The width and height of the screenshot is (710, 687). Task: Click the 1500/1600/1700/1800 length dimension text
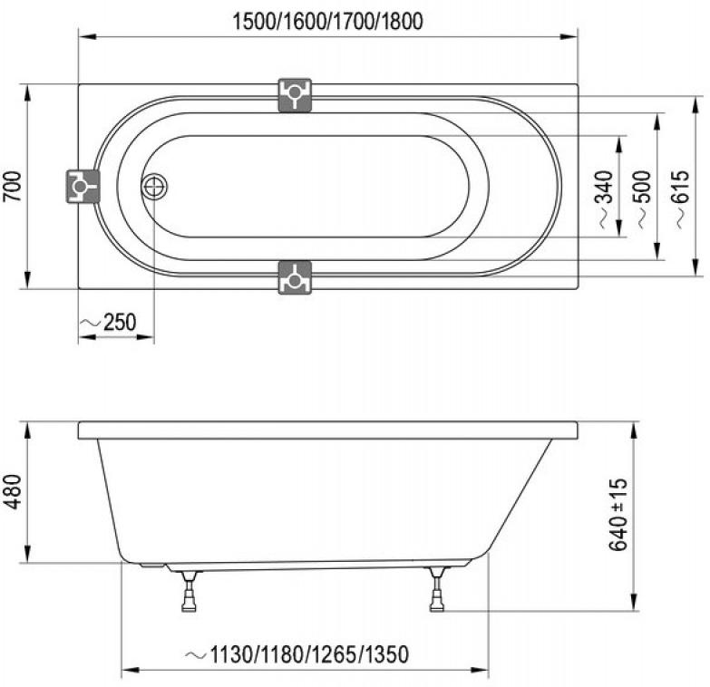328,21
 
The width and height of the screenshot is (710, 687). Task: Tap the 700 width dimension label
13,187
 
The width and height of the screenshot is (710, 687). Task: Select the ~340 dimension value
605,199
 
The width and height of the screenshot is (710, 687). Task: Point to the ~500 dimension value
643,199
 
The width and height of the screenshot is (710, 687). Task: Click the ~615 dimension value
681,199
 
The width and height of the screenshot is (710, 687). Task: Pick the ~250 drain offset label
108,323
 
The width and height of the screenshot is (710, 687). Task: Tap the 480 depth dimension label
13,491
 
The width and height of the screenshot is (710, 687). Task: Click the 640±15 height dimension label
618,514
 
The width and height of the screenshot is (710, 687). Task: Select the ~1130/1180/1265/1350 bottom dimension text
297,654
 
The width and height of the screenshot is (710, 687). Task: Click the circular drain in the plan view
154,187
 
